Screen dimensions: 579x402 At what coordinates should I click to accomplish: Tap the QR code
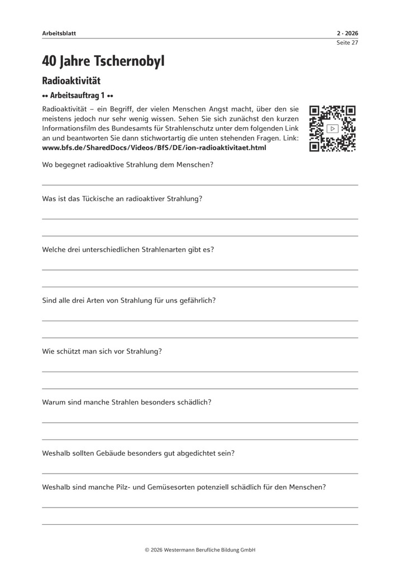(333, 129)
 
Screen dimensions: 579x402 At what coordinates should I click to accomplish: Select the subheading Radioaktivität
(71, 81)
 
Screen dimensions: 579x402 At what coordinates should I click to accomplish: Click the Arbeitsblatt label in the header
(59, 33)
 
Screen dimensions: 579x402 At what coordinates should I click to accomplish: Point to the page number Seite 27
(347, 42)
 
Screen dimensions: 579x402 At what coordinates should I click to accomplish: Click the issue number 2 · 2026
(347, 33)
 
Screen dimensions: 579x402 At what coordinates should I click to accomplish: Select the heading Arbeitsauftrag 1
(78, 95)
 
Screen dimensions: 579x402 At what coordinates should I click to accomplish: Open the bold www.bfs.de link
(154, 148)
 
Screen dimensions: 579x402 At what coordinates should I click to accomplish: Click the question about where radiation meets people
(127, 165)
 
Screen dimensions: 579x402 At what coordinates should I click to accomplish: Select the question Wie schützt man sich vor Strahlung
(102, 351)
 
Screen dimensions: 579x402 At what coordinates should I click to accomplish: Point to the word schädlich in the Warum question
(193, 402)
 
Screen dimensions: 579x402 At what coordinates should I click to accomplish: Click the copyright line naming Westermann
(200, 549)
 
